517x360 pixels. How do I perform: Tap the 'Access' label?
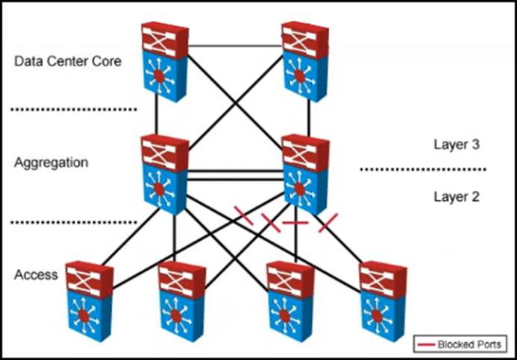point(36,275)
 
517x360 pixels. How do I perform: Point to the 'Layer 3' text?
point(456,145)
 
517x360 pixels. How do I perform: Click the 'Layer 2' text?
point(456,197)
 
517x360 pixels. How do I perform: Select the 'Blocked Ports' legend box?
point(461,344)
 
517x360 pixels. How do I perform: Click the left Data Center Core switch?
point(164,61)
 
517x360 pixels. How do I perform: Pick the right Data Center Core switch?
point(304,61)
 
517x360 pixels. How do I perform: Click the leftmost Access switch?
point(88,300)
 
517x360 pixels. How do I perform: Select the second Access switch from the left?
point(182,300)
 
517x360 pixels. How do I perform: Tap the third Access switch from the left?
point(289,300)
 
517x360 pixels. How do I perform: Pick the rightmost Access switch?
point(382,300)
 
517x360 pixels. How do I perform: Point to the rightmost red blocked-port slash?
point(328,221)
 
